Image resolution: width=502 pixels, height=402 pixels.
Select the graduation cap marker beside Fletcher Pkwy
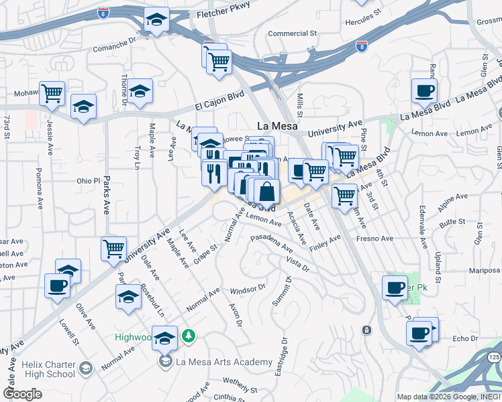tap(156, 21)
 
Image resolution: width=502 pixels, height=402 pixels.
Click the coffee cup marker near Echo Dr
tap(419, 332)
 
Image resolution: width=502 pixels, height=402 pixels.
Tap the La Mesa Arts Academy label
tap(215, 362)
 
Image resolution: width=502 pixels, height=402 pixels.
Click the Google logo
tap(22, 393)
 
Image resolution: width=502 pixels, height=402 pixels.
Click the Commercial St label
tap(292, 33)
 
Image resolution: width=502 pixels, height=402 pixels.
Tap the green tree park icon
tap(190, 335)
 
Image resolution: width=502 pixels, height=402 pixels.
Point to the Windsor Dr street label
tap(248, 290)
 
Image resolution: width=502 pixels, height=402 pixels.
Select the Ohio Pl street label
tap(87, 180)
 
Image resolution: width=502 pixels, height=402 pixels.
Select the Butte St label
tap(452, 220)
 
